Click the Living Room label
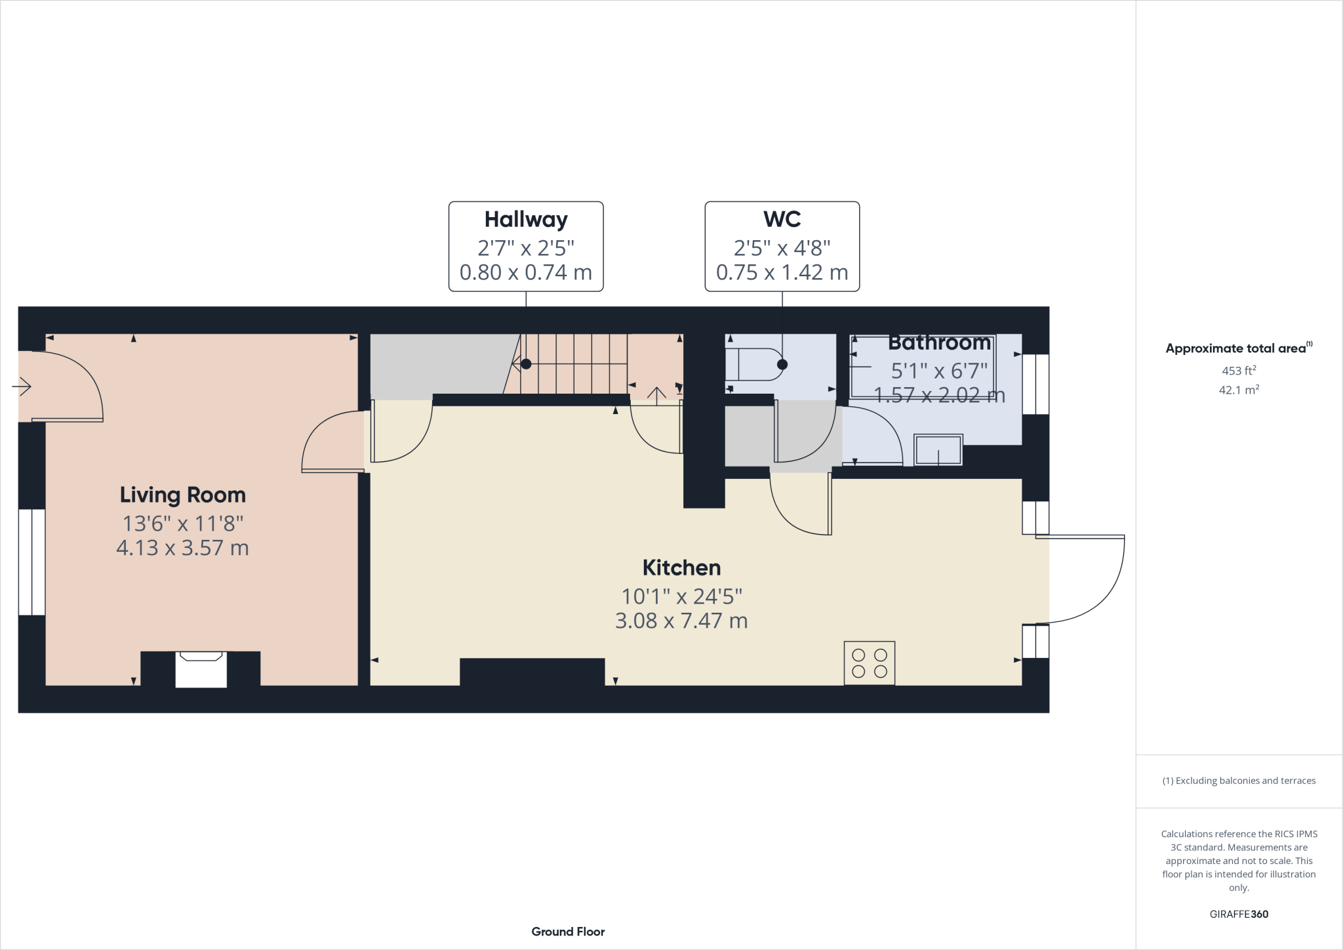[x=182, y=495]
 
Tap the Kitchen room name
[x=681, y=568]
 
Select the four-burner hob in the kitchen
[x=869, y=663]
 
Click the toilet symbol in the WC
[x=754, y=364]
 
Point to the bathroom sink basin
[x=938, y=450]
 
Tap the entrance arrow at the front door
[x=22, y=386]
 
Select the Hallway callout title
[x=526, y=219]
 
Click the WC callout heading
[x=782, y=219]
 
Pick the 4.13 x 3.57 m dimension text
[x=182, y=548]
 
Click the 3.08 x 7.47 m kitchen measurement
[x=681, y=621]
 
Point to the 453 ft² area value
[x=1239, y=371]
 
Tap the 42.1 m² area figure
[x=1239, y=390]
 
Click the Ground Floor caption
[x=568, y=932]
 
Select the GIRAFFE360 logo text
[x=1239, y=914]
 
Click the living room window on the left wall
[x=31, y=562]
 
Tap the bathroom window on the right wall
[x=1035, y=384]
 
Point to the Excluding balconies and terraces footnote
[x=1239, y=781]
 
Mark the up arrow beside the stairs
[x=656, y=394]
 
